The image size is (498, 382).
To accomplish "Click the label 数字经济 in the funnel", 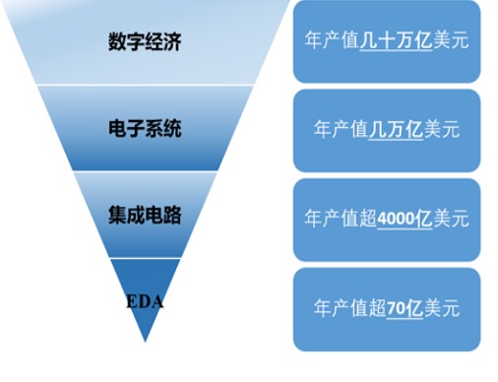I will pos(145,42).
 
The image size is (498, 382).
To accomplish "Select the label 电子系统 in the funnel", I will pos(145,129).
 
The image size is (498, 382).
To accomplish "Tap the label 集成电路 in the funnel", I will pos(145,216).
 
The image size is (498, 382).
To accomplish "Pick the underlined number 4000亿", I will pos(405,218).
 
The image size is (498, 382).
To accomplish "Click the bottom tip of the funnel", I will pos(145,340).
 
